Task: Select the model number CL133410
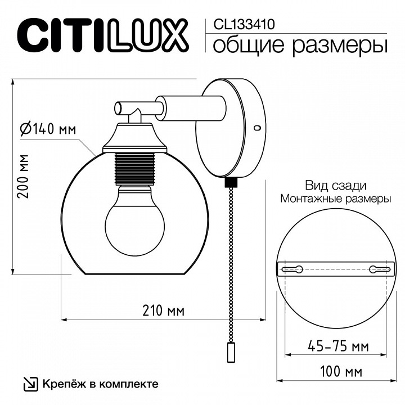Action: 244,24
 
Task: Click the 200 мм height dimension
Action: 23,175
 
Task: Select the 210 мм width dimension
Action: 163,311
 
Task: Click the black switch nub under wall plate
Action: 230,183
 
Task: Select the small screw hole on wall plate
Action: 257,128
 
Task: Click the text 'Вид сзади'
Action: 336,186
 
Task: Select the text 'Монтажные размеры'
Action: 336,199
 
